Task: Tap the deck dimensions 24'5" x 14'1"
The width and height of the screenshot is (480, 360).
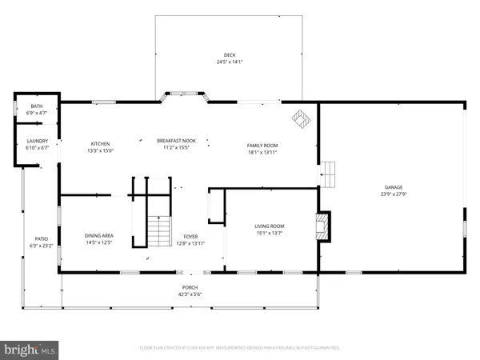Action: coord(229,62)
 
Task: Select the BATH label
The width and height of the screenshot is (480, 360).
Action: coord(37,106)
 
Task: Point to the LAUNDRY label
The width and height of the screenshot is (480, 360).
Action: coord(38,142)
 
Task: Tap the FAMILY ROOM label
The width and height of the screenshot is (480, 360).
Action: coord(262,145)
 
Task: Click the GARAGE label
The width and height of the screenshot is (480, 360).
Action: coord(394,188)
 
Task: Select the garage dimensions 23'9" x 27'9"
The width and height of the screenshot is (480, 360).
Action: coord(393,194)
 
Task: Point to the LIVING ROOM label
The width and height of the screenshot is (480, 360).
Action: coord(270,226)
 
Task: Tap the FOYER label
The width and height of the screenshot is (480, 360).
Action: coord(190,237)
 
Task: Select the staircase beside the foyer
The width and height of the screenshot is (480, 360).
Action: coord(160,231)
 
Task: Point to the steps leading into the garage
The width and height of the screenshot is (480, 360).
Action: coord(329,172)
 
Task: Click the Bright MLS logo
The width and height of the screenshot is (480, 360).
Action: coord(30,350)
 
